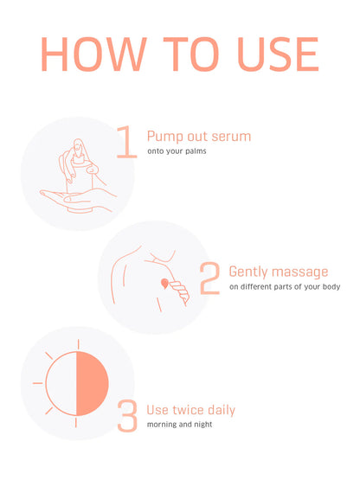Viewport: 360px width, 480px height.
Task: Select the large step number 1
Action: (126, 142)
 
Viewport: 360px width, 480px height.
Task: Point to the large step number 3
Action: (127, 414)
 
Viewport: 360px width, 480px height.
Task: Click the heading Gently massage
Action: (278, 272)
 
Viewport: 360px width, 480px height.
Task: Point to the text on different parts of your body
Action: (284, 287)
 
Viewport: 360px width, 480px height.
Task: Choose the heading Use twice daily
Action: (190, 409)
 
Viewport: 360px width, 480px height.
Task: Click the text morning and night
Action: (179, 425)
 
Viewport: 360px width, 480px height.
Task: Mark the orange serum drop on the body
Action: (163, 282)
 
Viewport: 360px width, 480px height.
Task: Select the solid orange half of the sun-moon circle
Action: (93, 381)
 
